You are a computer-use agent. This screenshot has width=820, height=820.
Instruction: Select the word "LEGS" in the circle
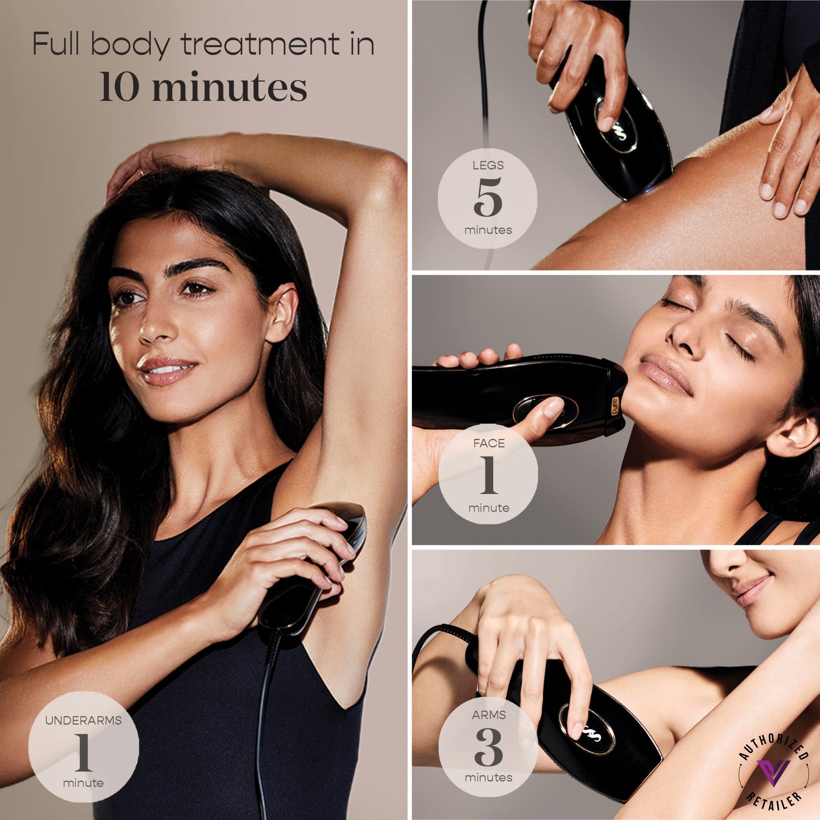[x=488, y=166]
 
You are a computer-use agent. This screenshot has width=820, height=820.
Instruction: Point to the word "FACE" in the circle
[x=489, y=444]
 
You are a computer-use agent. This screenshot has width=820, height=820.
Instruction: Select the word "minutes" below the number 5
[x=488, y=230]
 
